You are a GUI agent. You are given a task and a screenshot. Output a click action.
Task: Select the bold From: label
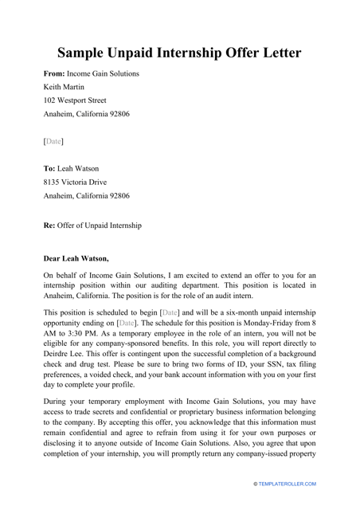(x=53, y=73)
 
